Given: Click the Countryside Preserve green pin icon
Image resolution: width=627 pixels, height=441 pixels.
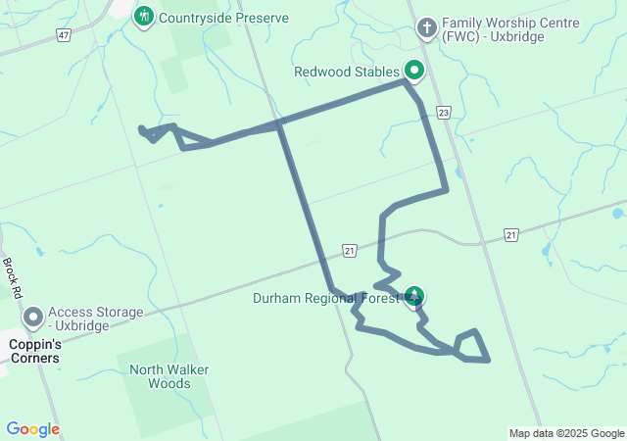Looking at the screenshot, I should [x=145, y=16].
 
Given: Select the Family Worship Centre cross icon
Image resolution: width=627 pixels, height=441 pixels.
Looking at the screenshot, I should [x=426, y=27].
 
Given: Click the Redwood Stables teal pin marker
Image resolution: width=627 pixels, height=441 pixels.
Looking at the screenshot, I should [x=414, y=71].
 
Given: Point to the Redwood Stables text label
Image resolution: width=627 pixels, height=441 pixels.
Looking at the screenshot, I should [x=347, y=72].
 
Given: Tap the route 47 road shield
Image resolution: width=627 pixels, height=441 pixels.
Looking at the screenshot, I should [x=64, y=34].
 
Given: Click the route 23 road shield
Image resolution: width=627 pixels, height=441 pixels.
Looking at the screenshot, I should [x=444, y=113].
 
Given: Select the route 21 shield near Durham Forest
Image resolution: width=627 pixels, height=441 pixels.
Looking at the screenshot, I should [x=350, y=252].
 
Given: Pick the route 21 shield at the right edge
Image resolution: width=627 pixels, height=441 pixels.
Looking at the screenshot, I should [x=510, y=234].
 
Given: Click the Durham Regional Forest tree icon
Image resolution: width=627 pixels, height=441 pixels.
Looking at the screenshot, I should [x=415, y=295].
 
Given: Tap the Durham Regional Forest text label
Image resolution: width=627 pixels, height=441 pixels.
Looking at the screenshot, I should [x=325, y=298].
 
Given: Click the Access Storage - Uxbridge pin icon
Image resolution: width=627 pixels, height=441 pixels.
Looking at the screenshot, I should [x=32, y=318].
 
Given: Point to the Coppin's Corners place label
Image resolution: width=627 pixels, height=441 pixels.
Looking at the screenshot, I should [x=34, y=351].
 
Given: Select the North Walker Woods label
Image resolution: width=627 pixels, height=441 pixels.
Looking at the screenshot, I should [x=161, y=376].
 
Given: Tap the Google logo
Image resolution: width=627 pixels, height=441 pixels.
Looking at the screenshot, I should [x=32, y=429].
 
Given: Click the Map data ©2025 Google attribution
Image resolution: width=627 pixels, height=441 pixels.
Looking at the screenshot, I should [x=566, y=433].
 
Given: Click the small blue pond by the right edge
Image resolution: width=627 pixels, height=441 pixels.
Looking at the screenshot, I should [x=616, y=213].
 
